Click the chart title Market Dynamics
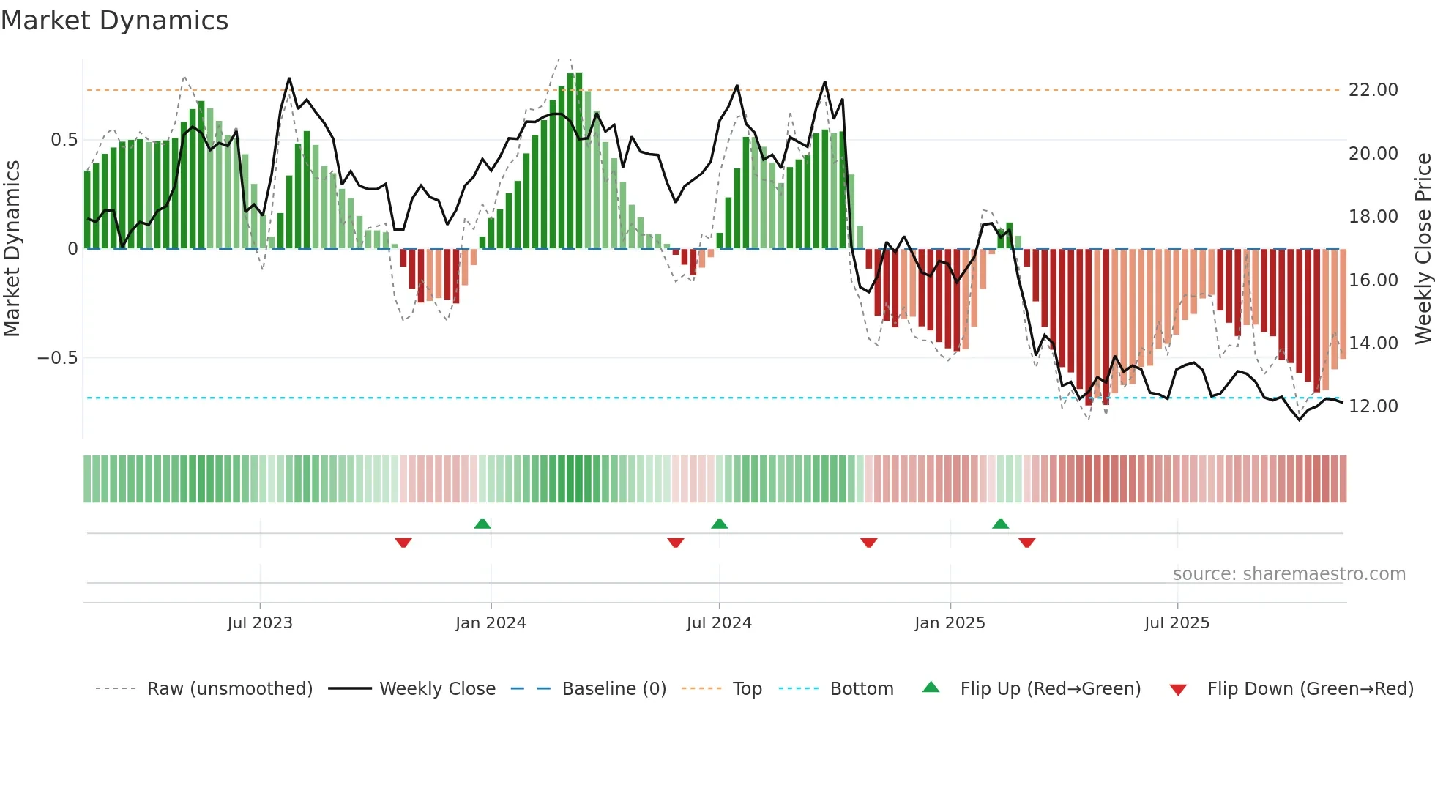pyautogui.click(x=114, y=21)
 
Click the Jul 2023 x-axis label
pyautogui.click(x=259, y=623)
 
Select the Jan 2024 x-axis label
pyautogui.click(x=490, y=623)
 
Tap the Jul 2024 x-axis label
pyautogui.click(x=718, y=623)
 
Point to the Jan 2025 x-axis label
pyautogui.click(x=949, y=623)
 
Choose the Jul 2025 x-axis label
pyautogui.click(x=1177, y=623)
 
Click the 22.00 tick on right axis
pyautogui.click(x=1373, y=90)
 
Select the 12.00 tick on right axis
pyautogui.click(x=1373, y=406)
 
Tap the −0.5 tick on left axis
pyautogui.click(x=57, y=358)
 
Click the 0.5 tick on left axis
pyautogui.click(x=64, y=140)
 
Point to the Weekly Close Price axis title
pyautogui.click(x=1423, y=248)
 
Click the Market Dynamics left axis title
pyautogui.click(x=12, y=248)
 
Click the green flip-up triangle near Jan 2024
pyautogui.click(x=482, y=524)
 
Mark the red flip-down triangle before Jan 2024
pyautogui.click(x=403, y=543)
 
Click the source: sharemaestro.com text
pyautogui.click(x=1289, y=574)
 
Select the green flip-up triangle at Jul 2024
pyautogui.click(x=719, y=524)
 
